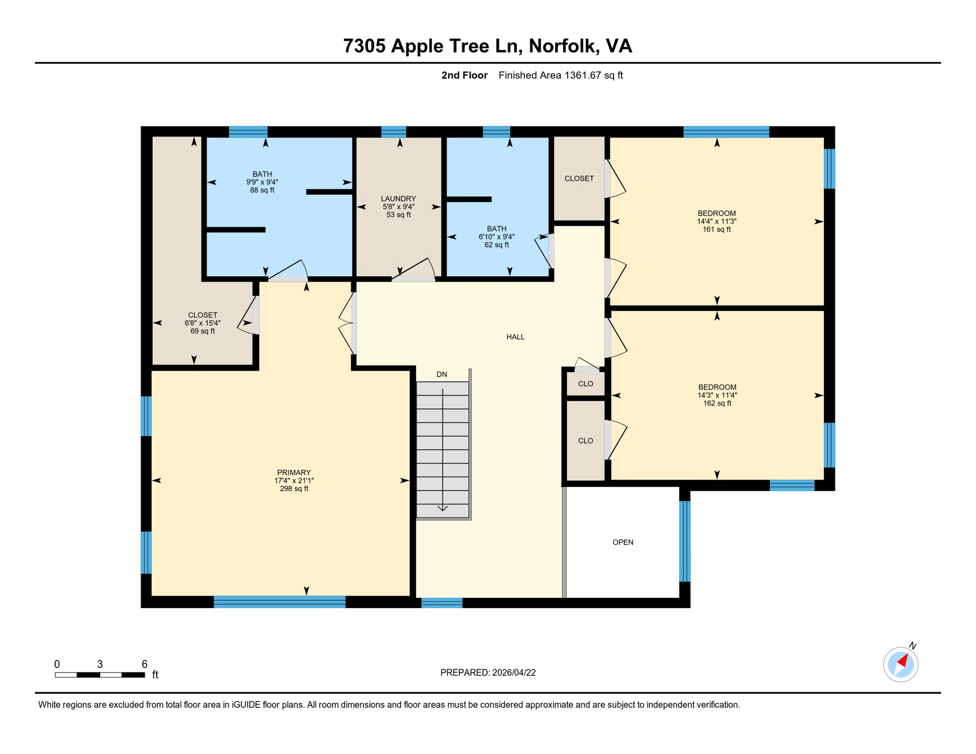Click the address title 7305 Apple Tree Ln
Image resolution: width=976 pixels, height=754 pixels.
click(x=487, y=46)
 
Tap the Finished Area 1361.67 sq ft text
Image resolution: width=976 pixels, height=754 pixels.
click(x=560, y=75)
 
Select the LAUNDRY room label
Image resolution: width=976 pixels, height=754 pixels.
click(x=398, y=206)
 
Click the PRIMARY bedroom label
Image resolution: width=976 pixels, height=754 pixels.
click(x=294, y=480)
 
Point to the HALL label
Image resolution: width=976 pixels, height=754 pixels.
click(x=515, y=337)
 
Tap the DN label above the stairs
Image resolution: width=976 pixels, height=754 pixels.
click(x=441, y=374)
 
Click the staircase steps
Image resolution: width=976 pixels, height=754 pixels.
click(x=442, y=449)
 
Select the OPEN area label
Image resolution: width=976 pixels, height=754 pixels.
click(x=623, y=542)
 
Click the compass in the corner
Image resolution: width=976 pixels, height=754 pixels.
click(x=900, y=664)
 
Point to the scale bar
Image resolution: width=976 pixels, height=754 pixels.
click(x=100, y=675)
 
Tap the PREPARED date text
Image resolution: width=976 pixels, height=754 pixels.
click(x=488, y=673)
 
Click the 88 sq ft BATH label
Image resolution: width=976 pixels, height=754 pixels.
click(x=262, y=182)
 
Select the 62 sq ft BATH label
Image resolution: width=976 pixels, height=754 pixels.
click(x=496, y=236)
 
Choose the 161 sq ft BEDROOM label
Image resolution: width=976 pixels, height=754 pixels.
click(x=716, y=221)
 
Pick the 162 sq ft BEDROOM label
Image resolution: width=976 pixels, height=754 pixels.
click(x=717, y=395)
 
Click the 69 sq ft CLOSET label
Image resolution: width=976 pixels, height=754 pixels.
click(x=202, y=323)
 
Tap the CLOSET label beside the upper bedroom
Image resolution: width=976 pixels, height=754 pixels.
click(x=579, y=178)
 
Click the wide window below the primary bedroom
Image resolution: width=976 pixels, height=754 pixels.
click(x=279, y=601)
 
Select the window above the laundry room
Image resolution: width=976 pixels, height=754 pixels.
click(x=393, y=132)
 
